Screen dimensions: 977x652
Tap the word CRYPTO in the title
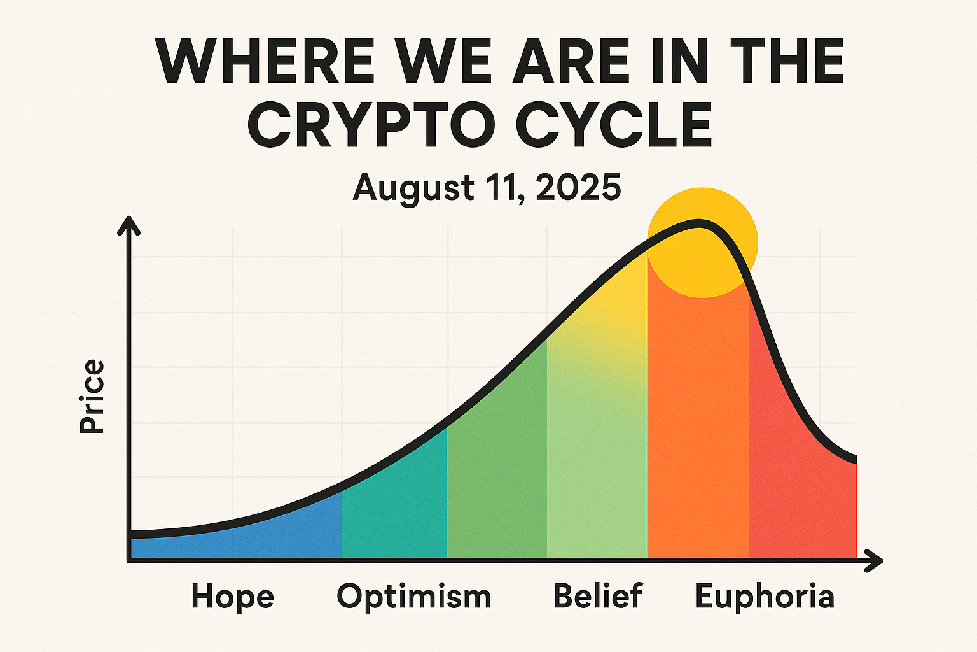point(371,125)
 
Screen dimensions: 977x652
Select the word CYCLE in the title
point(614,125)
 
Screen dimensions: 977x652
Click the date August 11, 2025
point(487,187)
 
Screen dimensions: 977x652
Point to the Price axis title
point(92,396)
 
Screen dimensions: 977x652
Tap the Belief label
point(597,595)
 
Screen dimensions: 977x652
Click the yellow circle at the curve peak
point(702,243)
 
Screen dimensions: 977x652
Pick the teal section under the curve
point(394,511)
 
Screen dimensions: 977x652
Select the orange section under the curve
point(698,428)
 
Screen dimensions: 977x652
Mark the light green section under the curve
point(597,437)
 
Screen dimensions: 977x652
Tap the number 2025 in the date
point(578,187)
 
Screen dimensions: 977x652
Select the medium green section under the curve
point(497,472)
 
